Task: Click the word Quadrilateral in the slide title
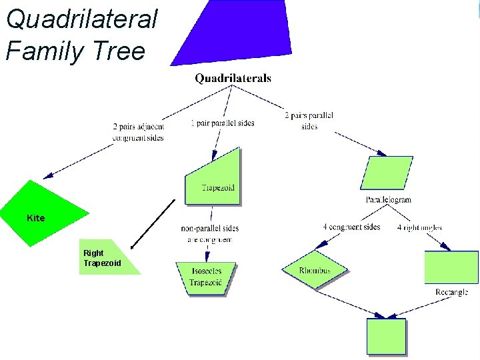(x=81, y=19)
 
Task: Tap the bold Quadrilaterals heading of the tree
(x=233, y=78)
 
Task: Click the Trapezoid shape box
(x=213, y=177)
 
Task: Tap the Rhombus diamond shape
(x=315, y=269)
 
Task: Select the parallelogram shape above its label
(x=387, y=173)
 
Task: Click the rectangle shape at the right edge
(x=451, y=267)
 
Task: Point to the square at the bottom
(x=386, y=337)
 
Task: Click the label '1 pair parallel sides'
(x=222, y=123)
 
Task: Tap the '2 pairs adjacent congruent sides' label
(x=138, y=132)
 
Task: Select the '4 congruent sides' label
(x=351, y=227)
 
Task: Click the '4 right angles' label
(x=419, y=227)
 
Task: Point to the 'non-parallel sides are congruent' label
(x=209, y=233)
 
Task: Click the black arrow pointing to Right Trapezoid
(x=153, y=223)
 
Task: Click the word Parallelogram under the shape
(x=389, y=199)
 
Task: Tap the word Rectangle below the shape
(x=451, y=292)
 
